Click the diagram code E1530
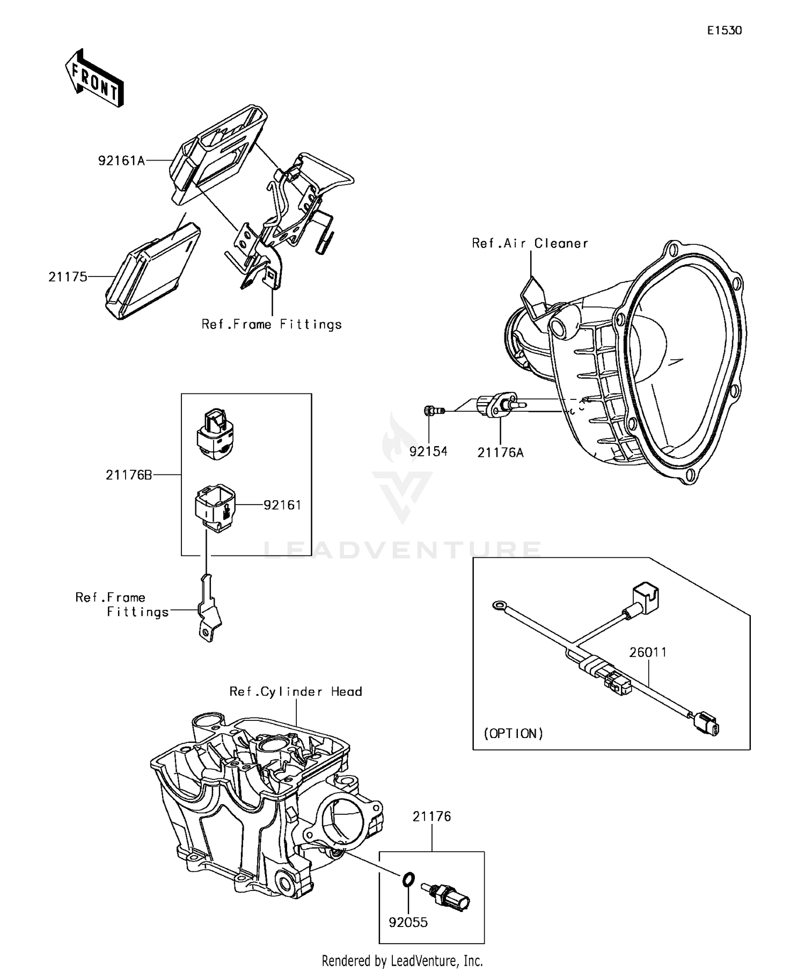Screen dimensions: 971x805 pos(724,31)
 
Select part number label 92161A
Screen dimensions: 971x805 pos(122,160)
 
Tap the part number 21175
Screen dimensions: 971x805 pos(68,277)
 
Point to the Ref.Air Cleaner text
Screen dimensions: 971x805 pos(530,243)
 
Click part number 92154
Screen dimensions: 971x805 pos(428,451)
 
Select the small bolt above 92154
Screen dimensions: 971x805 pos(431,411)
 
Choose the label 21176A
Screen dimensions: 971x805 pos(500,452)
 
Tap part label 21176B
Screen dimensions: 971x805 pos(129,475)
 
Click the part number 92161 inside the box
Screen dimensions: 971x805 pos(282,505)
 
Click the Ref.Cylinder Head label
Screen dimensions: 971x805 pos(296,691)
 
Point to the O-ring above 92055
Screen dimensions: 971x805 pos(408,879)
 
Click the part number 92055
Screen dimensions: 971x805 pos(408,922)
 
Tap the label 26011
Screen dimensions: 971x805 pos(648,652)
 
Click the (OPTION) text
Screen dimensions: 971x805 pos(513,734)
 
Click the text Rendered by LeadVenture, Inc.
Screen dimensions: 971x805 pos(402,960)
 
